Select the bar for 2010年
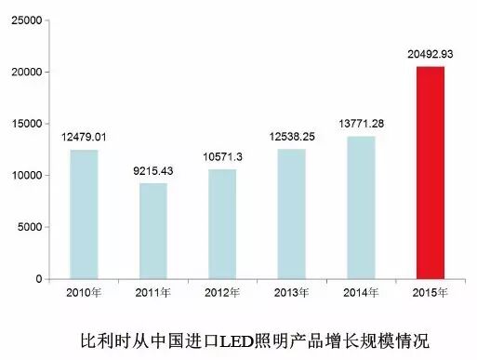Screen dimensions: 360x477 point(85,214)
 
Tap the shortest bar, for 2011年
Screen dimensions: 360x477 point(153,231)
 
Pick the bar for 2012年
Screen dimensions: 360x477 point(223,223)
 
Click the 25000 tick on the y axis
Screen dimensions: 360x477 point(24,20)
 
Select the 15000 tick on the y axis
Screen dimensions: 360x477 point(24,123)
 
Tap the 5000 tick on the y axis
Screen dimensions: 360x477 point(28,227)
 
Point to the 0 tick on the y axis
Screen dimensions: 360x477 point(38,279)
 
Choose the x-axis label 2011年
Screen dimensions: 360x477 point(153,294)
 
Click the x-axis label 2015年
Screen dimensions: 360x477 point(431,294)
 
